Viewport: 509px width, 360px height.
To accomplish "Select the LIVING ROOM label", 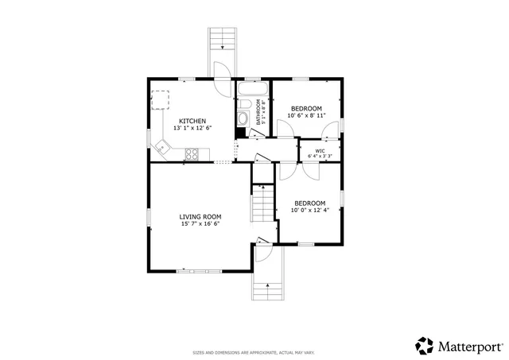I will point(200,216).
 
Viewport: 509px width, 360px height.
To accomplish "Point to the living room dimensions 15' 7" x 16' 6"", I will point(200,223).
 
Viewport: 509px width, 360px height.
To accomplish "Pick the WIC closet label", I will point(320,149).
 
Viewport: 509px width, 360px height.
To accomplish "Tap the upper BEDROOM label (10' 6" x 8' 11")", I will point(306,108).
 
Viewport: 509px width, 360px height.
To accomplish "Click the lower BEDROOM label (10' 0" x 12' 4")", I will point(309,203).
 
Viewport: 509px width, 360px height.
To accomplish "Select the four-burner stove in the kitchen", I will point(192,153).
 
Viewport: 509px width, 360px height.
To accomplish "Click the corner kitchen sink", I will point(164,147).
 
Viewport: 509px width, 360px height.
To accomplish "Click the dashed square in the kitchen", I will point(161,100).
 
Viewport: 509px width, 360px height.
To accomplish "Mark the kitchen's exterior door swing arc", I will point(223,69).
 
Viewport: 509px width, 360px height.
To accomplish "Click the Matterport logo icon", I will point(424,346).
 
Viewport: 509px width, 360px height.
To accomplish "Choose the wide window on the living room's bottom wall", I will point(200,271).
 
